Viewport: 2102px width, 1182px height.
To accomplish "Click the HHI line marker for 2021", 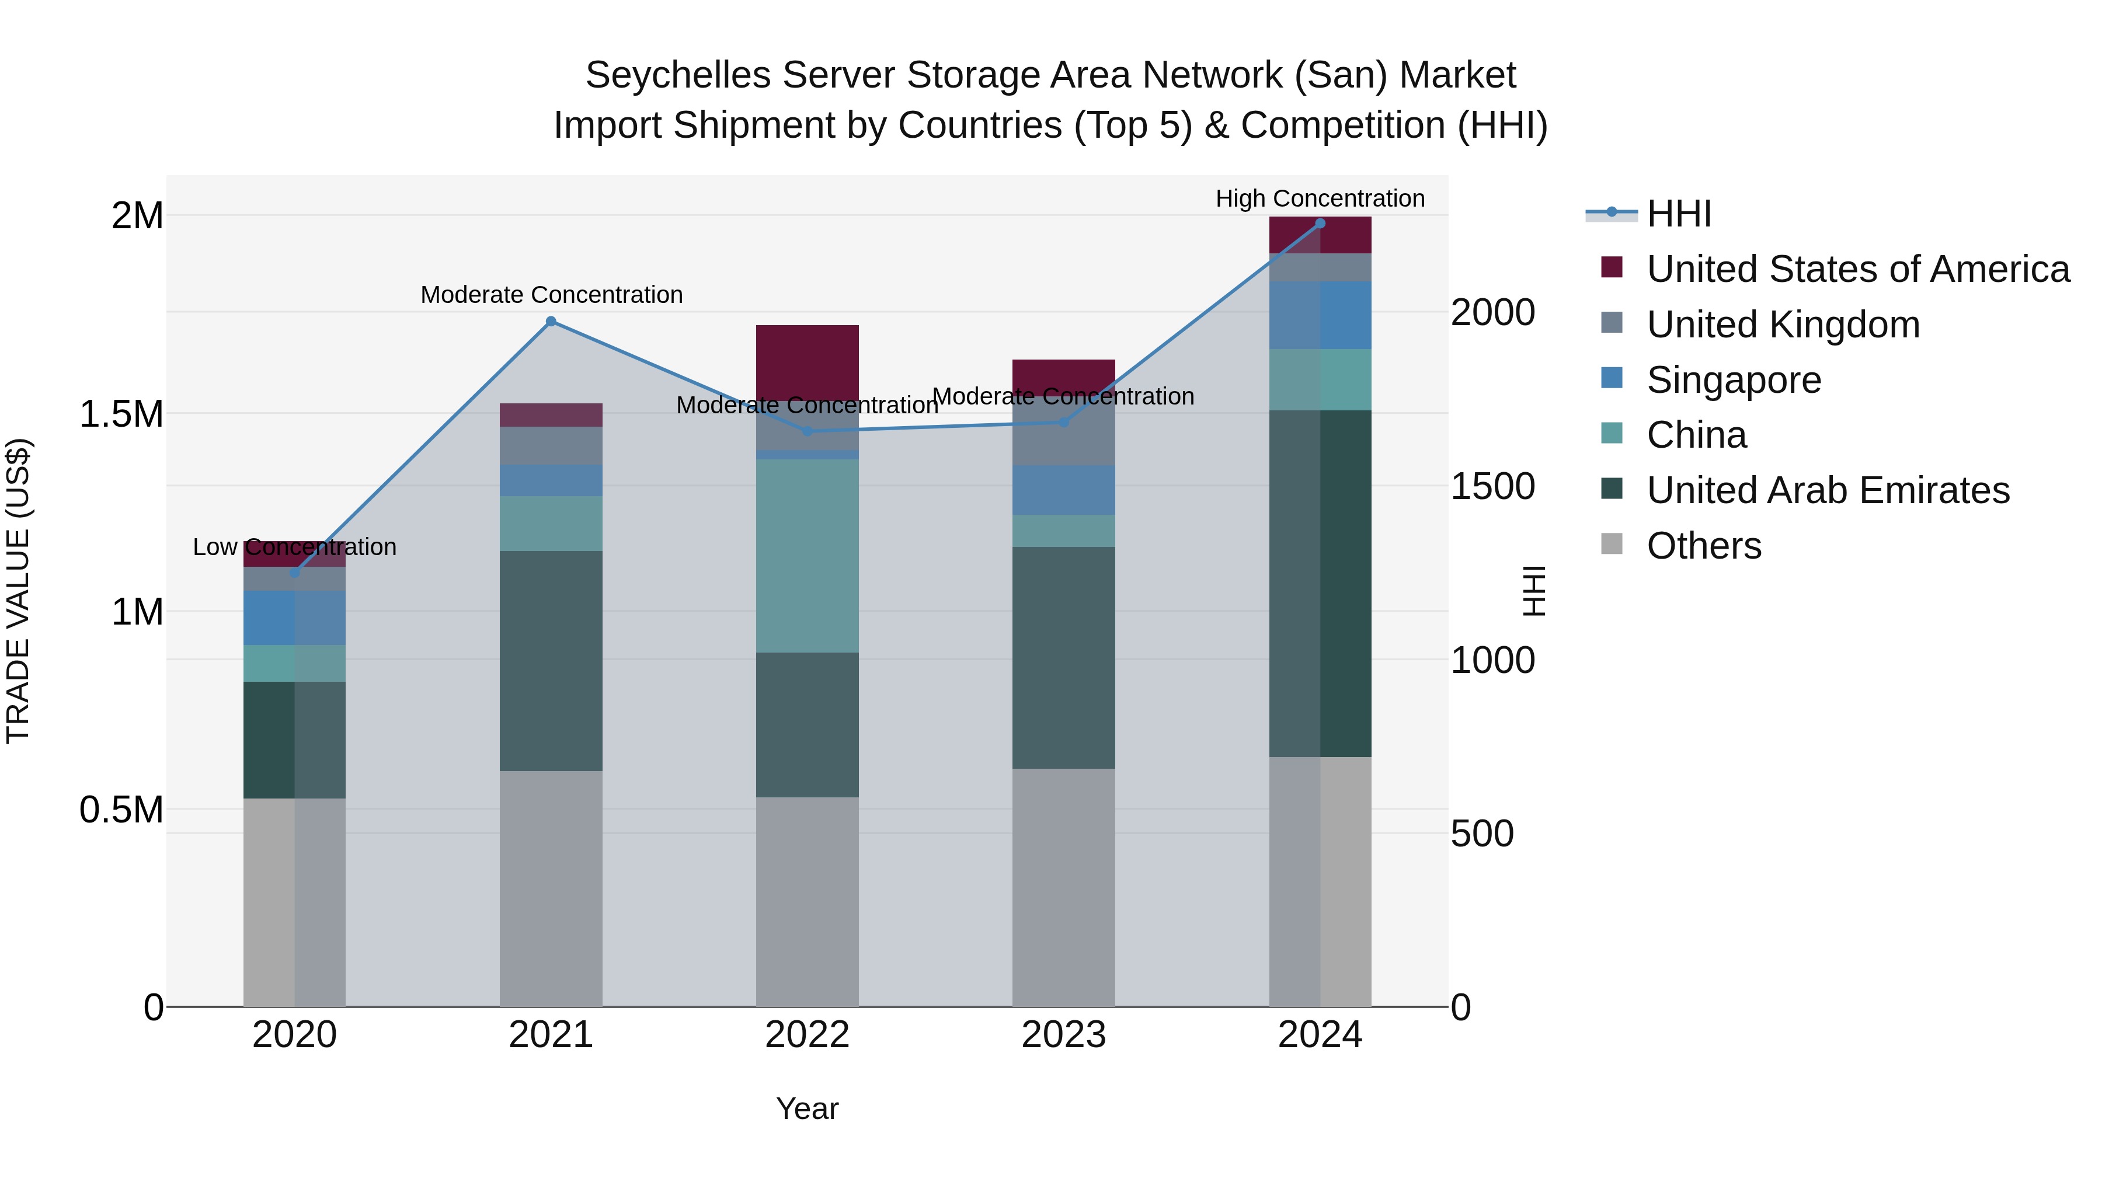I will (551, 322).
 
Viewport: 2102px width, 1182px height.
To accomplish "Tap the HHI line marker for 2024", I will (1320, 224).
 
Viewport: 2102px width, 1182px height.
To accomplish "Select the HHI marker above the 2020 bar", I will (295, 573).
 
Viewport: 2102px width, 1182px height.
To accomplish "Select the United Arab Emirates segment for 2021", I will (551, 661).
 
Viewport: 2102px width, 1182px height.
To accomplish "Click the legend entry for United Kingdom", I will (1783, 325).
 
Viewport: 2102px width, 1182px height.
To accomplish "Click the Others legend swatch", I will (1612, 544).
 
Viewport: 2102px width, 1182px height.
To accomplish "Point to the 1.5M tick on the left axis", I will (121, 414).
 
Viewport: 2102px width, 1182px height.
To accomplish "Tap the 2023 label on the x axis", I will (1063, 1035).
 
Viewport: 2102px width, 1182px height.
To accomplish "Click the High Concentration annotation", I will (1320, 198).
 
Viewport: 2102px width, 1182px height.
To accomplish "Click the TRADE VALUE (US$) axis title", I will (18, 591).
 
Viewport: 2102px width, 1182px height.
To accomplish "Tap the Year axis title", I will (807, 1108).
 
